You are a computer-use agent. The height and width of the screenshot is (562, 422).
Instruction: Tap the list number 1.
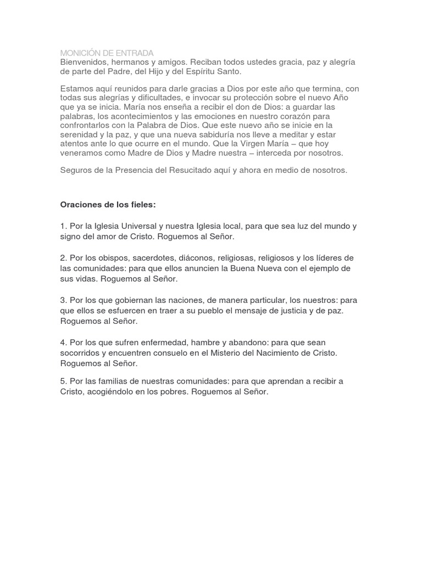coord(63,226)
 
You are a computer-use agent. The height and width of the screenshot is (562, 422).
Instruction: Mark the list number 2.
coord(63,258)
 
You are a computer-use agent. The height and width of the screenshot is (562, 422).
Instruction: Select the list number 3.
coord(63,300)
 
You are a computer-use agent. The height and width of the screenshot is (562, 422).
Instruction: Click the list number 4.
coord(63,342)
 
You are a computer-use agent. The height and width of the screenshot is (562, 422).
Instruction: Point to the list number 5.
coord(63,381)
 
